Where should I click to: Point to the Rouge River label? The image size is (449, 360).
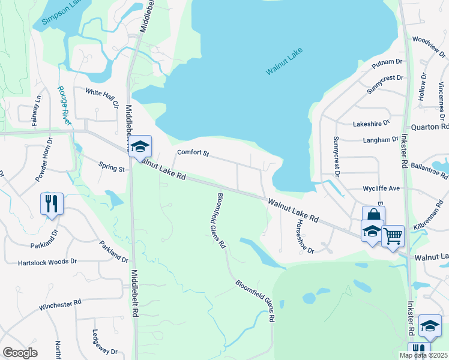point(64,105)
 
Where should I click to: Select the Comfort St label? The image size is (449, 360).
point(193,154)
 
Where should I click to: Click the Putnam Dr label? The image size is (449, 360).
point(387,62)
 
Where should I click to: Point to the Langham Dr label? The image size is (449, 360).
point(381,139)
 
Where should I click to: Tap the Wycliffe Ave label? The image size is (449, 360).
point(381,188)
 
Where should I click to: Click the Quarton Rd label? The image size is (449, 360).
point(430,127)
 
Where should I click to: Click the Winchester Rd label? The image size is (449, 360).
point(60,305)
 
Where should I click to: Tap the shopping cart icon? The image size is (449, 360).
point(393,235)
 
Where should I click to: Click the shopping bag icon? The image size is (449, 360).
point(373,215)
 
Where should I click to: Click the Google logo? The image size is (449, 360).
point(20,353)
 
